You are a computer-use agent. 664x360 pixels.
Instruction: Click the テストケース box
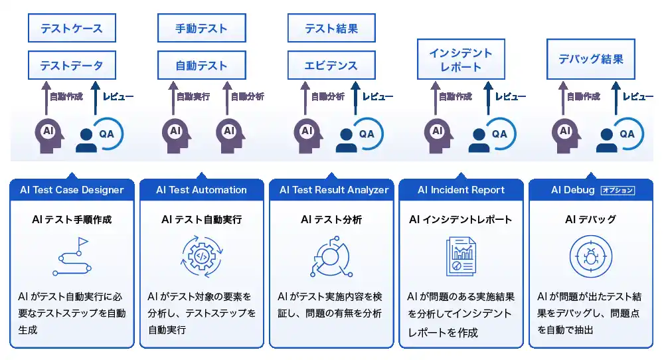[72, 29]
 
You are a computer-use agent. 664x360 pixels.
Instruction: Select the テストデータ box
[72, 66]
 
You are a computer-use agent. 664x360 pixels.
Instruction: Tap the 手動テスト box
[201, 29]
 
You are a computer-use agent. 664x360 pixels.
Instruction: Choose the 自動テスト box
[201, 66]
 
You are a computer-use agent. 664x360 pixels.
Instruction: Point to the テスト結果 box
[331, 29]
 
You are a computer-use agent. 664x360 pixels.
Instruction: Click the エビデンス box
[331, 66]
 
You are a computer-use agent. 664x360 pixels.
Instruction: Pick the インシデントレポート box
[461, 60]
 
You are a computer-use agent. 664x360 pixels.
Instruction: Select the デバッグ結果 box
[591, 59]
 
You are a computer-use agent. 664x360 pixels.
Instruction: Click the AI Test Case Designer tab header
[72, 190]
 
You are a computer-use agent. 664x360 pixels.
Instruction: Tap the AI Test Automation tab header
[201, 190]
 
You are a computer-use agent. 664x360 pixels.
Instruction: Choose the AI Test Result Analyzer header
[334, 190]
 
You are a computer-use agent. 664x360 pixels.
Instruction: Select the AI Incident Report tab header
[461, 190]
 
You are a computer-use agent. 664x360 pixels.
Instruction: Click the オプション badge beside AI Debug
[618, 191]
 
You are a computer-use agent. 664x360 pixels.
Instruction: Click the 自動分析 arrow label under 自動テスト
[247, 97]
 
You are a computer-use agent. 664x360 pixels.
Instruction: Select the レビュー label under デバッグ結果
[638, 97]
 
